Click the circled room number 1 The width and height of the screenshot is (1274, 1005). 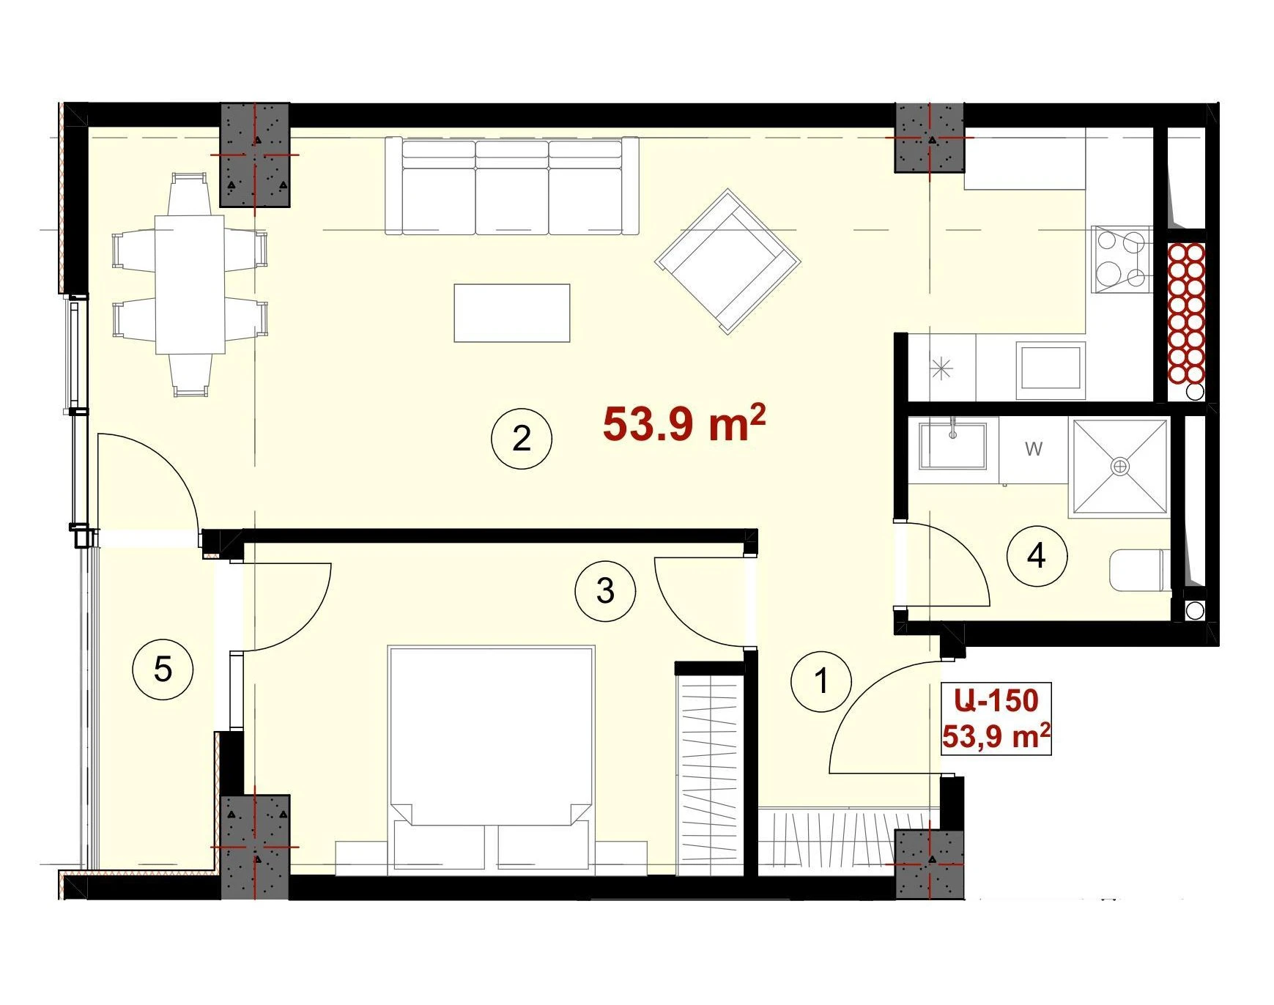(821, 681)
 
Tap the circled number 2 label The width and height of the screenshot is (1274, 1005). (521, 439)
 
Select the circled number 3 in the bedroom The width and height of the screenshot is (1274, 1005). (605, 590)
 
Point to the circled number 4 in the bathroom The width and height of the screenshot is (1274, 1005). (1037, 556)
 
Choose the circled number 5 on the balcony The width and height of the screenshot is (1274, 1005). (163, 669)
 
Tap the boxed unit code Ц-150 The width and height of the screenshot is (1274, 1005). (996, 701)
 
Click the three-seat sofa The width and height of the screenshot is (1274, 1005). (512, 186)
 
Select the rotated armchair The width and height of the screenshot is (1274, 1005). (727, 262)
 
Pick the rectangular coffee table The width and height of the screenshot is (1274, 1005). (512, 313)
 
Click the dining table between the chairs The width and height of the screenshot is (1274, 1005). (190, 283)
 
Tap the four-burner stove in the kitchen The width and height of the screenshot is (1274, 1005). (1121, 259)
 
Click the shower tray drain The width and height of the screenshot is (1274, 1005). (1120, 466)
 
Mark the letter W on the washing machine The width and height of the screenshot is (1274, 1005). (1034, 448)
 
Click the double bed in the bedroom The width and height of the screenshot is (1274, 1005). (491, 759)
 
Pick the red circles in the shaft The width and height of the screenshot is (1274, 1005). (1186, 314)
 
